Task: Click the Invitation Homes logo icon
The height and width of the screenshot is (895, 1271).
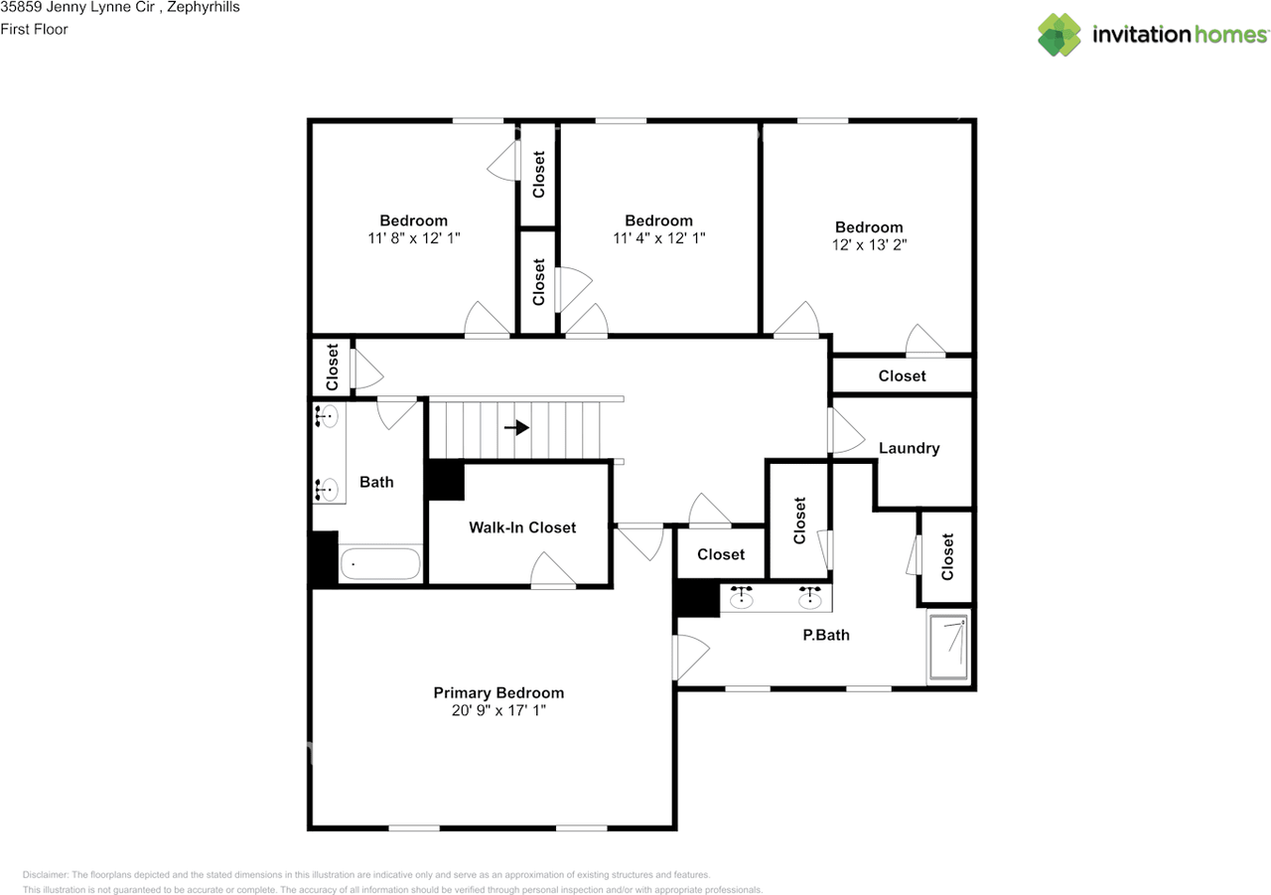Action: pyautogui.click(x=1059, y=35)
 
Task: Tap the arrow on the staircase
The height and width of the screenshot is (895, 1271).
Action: pyautogui.click(x=516, y=428)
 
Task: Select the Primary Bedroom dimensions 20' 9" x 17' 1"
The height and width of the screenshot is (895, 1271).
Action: pyautogui.click(x=497, y=711)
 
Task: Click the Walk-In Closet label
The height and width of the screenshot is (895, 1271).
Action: pyautogui.click(x=522, y=527)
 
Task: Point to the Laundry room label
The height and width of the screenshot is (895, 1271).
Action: pyautogui.click(x=909, y=448)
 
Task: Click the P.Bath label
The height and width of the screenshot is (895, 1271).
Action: pyautogui.click(x=826, y=635)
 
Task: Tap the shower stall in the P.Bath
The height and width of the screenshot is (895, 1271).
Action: pyautogui.click(x=948, y=647)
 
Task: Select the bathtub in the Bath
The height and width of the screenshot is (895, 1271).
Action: pyautogui.click(x=380, y=564)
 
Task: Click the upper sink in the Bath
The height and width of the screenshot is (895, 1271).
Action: pyautogui.click(x=328, y=417)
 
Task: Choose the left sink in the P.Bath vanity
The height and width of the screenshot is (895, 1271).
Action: pyautogui.click(x=741, y=598)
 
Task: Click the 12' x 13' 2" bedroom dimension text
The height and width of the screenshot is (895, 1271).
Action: pyautogui.click(x=869, y=244)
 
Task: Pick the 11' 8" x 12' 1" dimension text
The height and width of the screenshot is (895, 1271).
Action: pyautogui.click(x=413, y=238)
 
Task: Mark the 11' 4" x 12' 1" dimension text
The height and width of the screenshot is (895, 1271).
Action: pyautogui.click(x=658, y=238)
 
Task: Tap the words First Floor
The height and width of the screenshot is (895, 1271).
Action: pyautogui.click(x=35, y=29)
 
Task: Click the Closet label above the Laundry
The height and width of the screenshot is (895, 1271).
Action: pyautogui.click(x=902, y=375)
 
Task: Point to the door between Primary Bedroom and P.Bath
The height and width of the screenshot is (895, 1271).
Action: pyautogui.click(x=690, y=658)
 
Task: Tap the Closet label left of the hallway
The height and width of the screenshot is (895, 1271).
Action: pyautogui.click(x=333, y=367)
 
